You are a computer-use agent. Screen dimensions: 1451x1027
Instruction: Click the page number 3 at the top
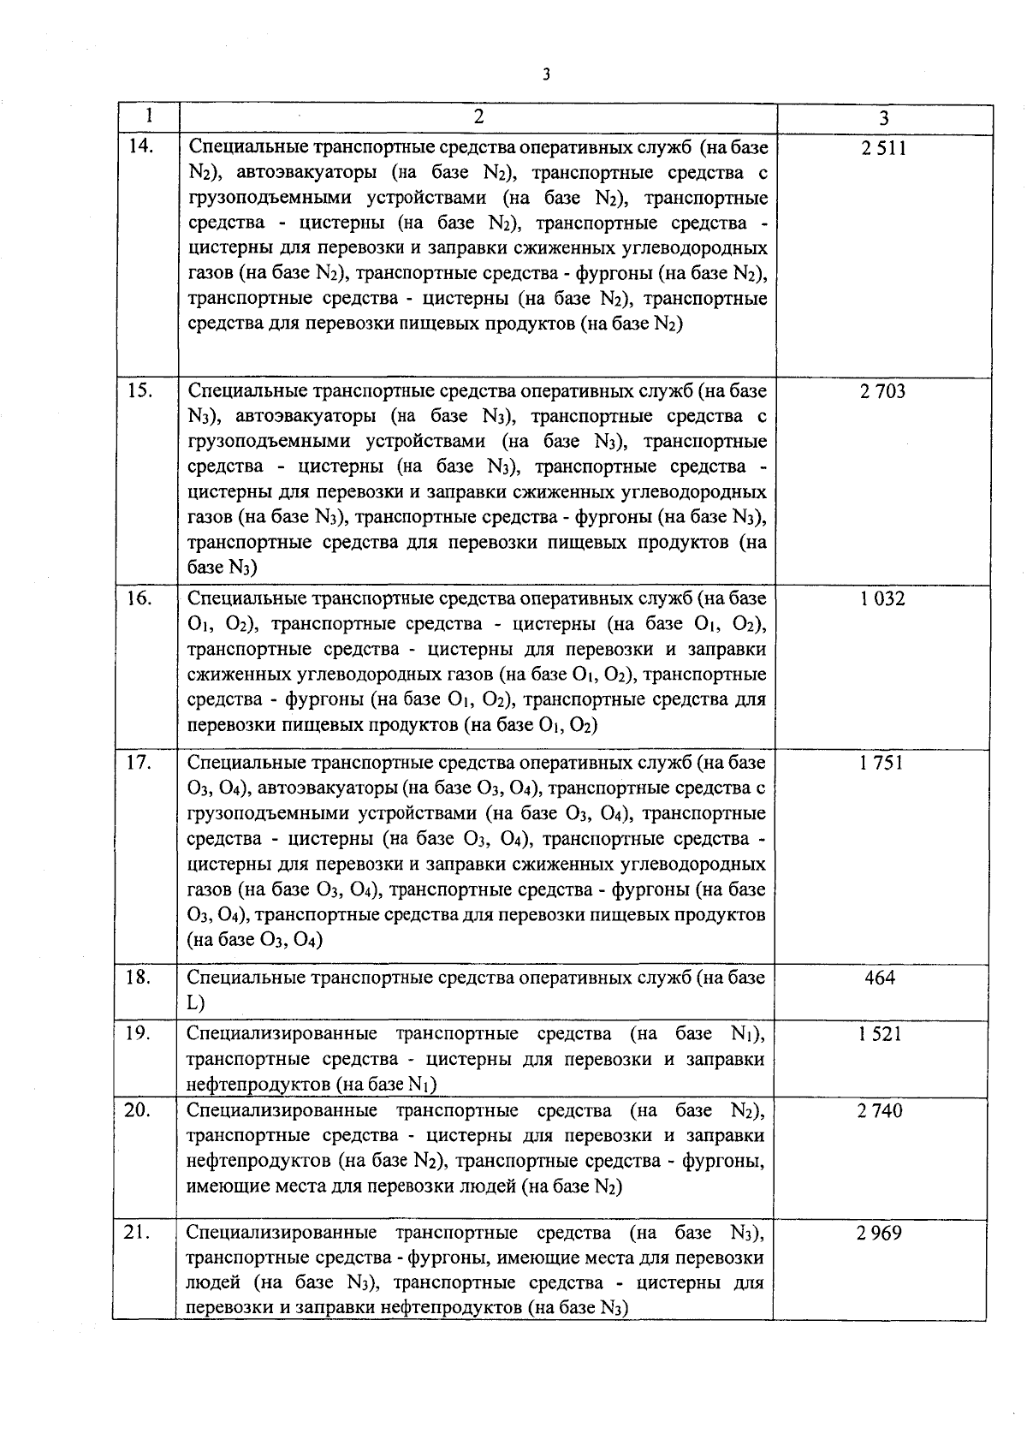(x=546, y=74)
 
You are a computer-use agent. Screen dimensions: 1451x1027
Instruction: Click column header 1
(x=149, y=116)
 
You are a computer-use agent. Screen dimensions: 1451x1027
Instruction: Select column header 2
(x=478, y=116)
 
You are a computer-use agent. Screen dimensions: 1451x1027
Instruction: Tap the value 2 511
(x=883, y=149)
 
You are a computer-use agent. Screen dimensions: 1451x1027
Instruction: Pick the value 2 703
(x=882, y=392)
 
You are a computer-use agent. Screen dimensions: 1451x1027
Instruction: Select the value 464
(x=880, y=978)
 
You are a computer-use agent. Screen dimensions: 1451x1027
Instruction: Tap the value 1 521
(x=880, y=1034)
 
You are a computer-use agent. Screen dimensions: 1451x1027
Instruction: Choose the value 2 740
(x=880, y=1111)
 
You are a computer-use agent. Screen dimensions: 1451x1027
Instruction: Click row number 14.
(x=140, y=146)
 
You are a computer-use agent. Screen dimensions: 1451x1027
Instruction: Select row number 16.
(x=139, y=598)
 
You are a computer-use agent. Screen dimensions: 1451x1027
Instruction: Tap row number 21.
(x=138, y=1233)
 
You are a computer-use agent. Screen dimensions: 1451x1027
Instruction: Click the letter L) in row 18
(x=196, y=1003)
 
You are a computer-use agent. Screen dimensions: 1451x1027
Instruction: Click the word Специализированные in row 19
(x=282, y=1034)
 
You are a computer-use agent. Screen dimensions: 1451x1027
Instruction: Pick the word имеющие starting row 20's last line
(x=221, y=1187)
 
